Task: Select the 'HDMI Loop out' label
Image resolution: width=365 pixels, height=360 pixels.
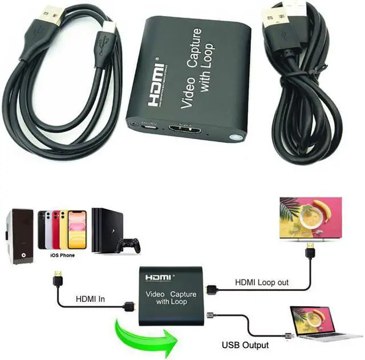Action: [262, 282]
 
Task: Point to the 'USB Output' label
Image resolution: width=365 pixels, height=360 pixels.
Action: [245, 345]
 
